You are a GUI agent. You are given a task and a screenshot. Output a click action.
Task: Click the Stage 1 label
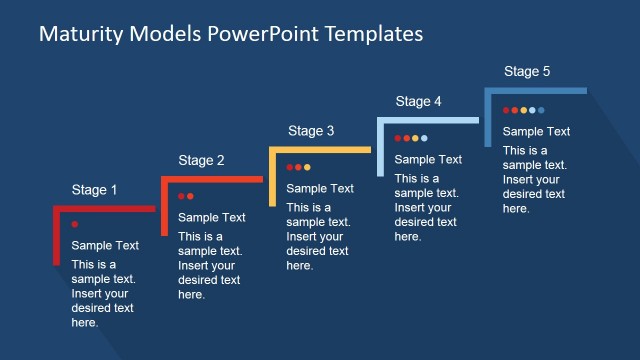click(x=94, y=189)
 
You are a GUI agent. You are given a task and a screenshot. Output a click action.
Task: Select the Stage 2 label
click(x=201, y=160)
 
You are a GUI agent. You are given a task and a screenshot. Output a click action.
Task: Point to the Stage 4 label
click(x=418, y=101)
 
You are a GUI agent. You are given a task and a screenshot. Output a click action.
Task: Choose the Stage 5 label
click(x=526, y=71)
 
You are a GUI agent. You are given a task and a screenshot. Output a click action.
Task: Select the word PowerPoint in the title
click(x=257, y=34)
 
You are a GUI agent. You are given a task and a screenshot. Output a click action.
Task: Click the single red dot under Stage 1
click(x=75, y=225)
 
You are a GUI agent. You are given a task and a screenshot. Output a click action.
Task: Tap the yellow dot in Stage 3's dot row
click(x=307, y=167)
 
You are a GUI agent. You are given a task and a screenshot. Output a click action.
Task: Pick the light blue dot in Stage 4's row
click(x=424, y=138)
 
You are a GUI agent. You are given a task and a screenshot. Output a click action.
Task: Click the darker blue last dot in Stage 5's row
click(x=541, y=109)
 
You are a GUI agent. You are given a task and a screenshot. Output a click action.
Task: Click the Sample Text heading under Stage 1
click(x=105, y=246)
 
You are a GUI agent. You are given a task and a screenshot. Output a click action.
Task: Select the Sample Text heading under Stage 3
click(x=320, y=188)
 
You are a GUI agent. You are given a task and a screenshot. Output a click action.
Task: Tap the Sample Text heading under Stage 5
click(x=536, y=131)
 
